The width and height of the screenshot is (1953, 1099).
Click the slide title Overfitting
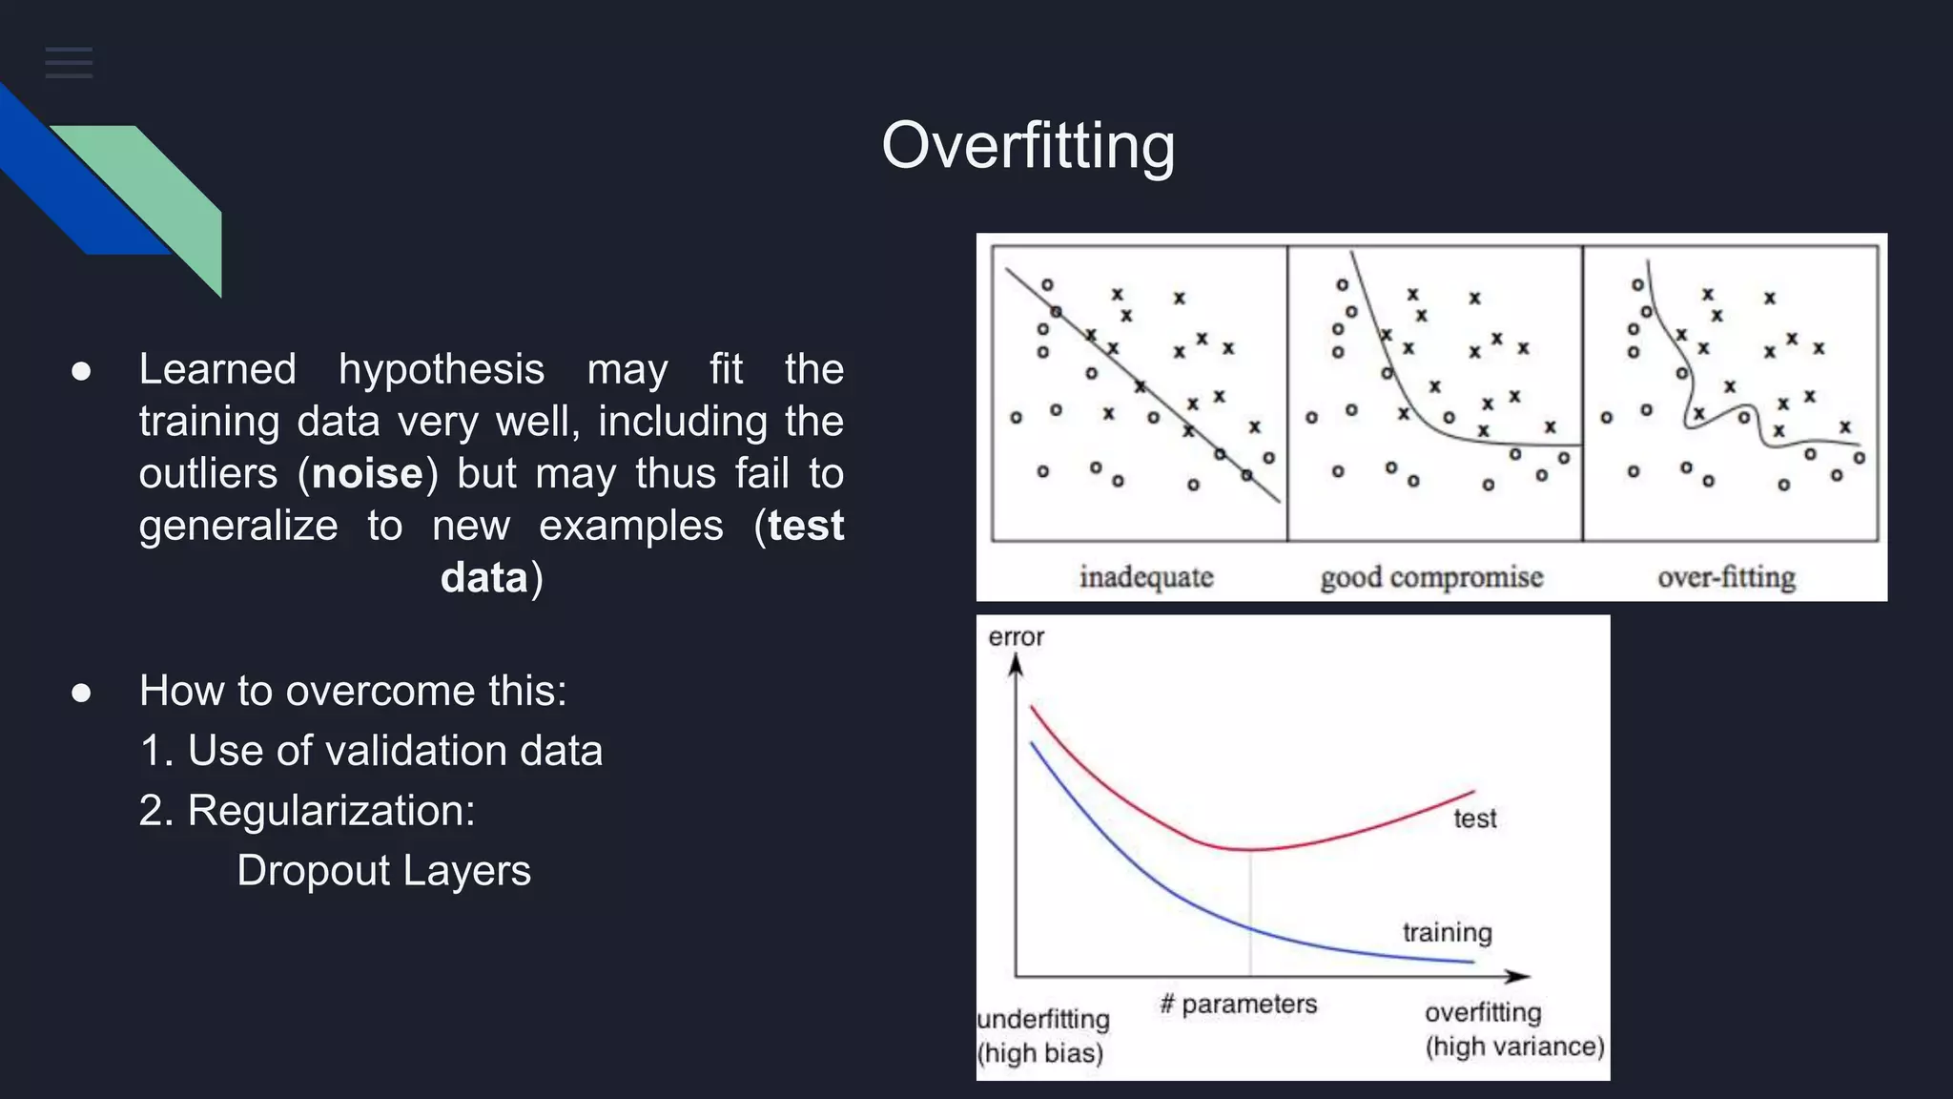(x=1027, y=146)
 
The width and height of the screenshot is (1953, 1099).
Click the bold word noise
(x=367, y=474)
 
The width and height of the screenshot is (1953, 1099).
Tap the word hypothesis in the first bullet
(x=441, y=369)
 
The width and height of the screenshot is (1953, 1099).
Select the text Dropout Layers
(x=383, y=871)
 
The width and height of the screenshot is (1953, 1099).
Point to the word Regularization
(x=330, y=811)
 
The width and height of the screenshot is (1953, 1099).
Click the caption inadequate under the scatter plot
(x=1145, y=577)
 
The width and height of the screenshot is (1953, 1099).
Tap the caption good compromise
(x=1430, y=577)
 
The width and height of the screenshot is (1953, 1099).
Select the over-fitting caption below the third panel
(x=1725, y=577)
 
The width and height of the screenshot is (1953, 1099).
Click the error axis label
(x=1016, y=637)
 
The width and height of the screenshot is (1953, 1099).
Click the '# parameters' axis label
(x=1238, y=1004)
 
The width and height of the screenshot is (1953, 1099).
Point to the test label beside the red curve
(x=1474, y=819)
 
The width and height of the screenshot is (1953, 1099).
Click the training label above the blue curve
(x=1447, y=932)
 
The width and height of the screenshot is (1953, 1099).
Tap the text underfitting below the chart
(x=1043, y=1019)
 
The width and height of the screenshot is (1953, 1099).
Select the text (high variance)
(x=1514, y=1047)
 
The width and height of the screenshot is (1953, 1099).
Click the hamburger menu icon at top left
(x=69, y=63)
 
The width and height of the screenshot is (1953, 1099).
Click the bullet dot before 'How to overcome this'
(x=81, y=692)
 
